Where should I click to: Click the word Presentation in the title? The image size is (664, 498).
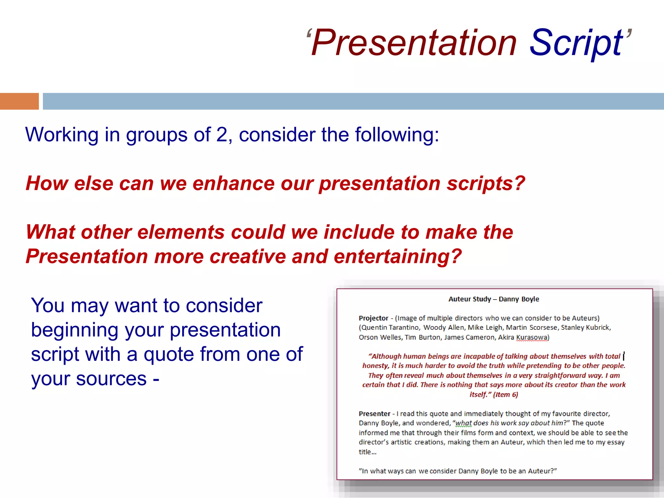point(414,43)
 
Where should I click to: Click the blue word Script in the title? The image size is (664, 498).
point(575,43)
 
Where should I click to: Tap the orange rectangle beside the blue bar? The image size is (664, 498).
point(19,101)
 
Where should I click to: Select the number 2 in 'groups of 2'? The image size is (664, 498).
point(222,135)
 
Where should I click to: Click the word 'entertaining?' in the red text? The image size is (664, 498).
point(397,256)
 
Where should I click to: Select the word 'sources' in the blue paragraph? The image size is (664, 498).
point(111,379)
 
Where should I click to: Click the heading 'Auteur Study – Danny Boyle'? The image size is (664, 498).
point(493,299)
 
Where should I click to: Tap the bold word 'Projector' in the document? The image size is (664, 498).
point(373,318)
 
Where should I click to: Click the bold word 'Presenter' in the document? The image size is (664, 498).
point(374,414)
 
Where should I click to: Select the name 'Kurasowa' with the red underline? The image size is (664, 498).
point(532,337)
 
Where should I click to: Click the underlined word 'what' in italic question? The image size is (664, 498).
point(463,423)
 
